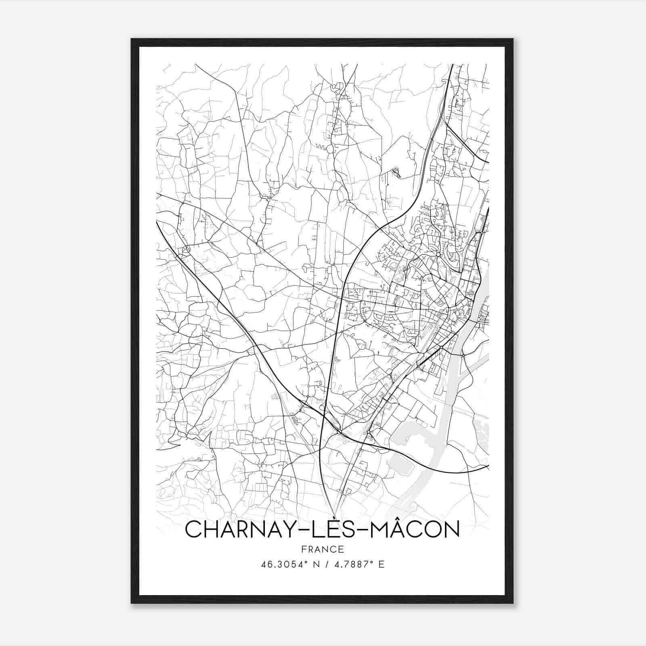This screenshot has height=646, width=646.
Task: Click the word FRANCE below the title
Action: [x=322, y=550]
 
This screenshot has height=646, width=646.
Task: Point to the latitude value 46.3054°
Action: [x=283, y=564]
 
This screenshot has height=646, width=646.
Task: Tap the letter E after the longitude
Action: [x=382, y=564]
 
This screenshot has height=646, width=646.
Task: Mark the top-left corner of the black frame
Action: [x=132, y=39]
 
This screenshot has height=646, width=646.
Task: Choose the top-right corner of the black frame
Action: [x=513, y=39]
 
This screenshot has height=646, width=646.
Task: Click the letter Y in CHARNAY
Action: [x=287, y=529]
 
